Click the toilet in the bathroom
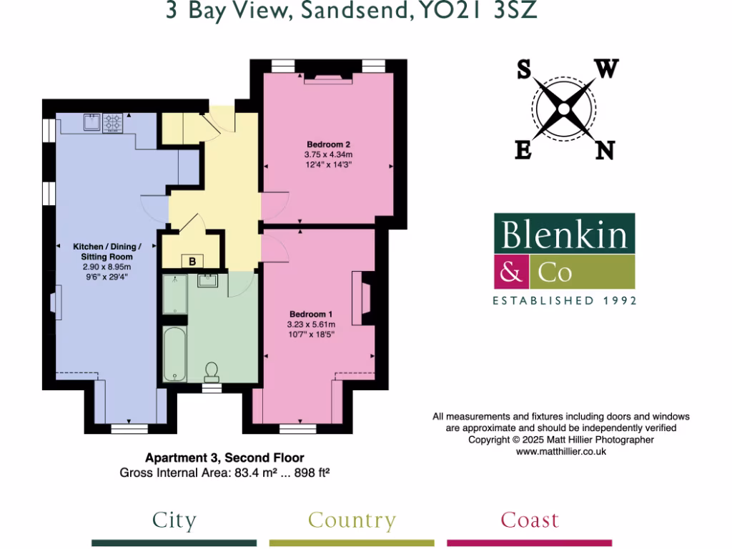212,370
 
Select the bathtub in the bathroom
174,355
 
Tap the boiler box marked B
192,262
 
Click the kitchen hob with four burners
113,122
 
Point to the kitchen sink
91,122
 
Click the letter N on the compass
605,150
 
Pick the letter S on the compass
523,70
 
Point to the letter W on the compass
606,69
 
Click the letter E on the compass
523,150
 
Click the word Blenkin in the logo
564,234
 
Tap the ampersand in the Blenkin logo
511,272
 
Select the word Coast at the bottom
530,520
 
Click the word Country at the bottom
352,521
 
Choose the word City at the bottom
174,520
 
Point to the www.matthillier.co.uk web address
560,452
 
